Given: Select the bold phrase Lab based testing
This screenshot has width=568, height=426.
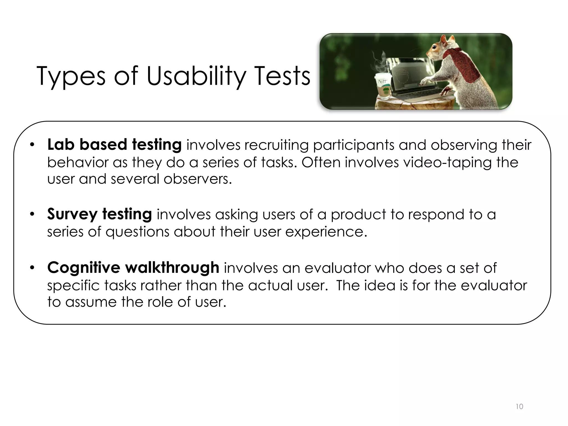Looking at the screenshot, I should click(114, 144).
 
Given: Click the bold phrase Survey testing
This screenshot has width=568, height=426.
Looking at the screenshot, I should click(99, 214).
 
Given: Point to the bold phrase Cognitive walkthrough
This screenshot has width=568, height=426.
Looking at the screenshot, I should click(133, 268).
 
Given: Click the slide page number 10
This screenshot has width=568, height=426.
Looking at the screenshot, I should click(519, 407).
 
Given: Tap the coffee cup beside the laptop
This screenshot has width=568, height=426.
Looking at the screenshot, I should click(383, 86).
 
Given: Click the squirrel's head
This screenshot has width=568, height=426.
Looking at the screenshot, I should click(441, 47).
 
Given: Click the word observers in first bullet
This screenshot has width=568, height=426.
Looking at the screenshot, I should click(197, 179).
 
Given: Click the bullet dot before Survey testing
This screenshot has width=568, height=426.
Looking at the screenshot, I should click(32, 214).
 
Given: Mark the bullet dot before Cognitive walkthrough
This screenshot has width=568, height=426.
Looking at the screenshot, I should click(32, 268).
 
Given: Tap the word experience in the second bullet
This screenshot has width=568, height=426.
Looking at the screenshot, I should click(326, 232).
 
